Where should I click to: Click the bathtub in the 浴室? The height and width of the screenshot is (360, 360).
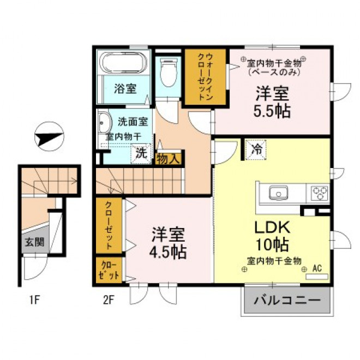[x=124, y=62]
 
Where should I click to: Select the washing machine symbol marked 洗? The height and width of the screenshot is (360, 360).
[x=141, y=153]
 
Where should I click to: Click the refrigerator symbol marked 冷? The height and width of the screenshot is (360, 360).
[x=256, y=150]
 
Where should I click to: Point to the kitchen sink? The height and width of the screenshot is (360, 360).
[x=279, y=193]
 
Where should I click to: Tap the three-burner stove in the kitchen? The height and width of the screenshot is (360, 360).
[x=319, y=193]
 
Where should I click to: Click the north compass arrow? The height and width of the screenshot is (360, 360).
[x=49, y=138]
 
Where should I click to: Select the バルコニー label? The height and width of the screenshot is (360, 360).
[x=287, y=301]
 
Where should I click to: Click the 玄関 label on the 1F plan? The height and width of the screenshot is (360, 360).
[x=35, y=242]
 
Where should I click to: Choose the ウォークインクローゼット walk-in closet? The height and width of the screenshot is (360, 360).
[x=206, y=77]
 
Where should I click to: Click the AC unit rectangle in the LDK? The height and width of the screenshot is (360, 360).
[x=317, y=277]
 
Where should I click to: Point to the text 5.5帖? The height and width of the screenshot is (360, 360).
[x=272, y=111]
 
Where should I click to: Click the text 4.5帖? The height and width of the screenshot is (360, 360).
[x=168, y=253]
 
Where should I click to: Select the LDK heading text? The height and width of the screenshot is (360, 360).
[x=272, y=227]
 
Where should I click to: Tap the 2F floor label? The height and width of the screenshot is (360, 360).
[x=109, y=300]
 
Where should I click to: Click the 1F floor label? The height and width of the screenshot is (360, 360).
[x=35, y=300]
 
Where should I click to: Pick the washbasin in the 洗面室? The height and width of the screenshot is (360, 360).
[x=105, y=123]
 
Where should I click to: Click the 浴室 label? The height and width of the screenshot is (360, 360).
[x=125, y=89]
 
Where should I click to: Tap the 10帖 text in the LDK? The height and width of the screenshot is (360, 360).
[x=272, y=245]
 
